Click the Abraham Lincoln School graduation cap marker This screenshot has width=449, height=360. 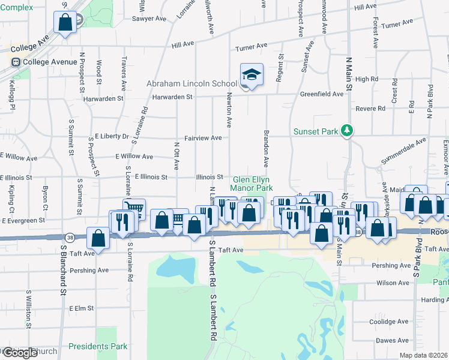coord(252,75)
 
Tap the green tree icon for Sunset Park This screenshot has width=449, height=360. coord(346,130)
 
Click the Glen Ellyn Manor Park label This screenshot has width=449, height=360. coord(251,184)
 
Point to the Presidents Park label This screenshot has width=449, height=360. coord(98,346)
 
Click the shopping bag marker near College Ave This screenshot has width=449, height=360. coord(65,23)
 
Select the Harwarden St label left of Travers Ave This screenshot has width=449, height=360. coord(104,98)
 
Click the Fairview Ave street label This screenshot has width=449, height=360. coord(203,138)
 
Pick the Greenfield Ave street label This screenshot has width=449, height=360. coord(322,94)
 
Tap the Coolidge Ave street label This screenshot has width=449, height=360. coord(389,322)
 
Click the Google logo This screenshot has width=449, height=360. coord(20,353)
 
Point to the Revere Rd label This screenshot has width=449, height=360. coord(370,109)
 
